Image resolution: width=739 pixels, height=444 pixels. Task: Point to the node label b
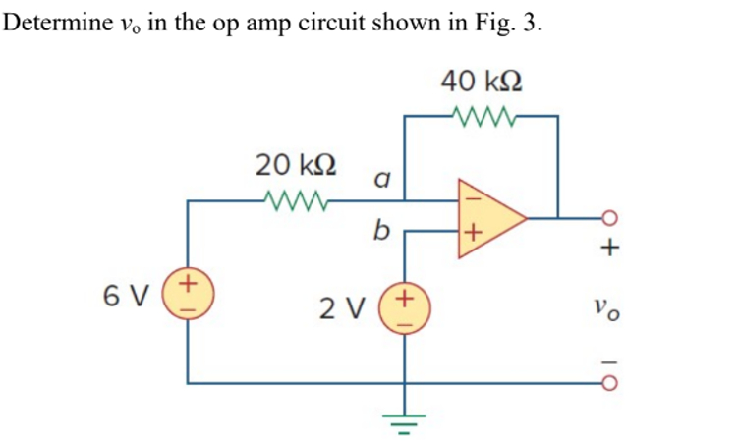[x=381, y=232]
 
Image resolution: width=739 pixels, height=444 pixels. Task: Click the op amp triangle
[x=486, y=216]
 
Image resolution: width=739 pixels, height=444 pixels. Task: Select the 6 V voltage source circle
[x=188, y=294]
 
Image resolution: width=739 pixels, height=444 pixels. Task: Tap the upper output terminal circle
[x=609, y=217]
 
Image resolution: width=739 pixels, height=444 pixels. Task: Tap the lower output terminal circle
[x=609, y=382]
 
